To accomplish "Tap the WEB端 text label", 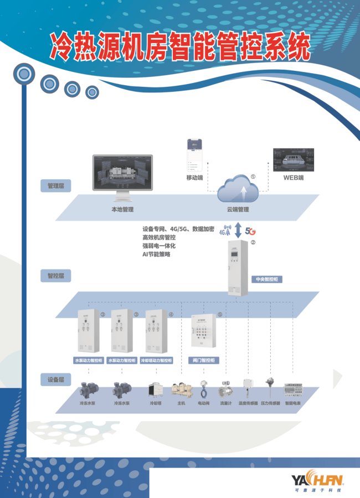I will [x=294, y=178].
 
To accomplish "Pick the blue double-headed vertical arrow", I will [x=239, y=230].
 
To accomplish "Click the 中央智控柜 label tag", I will [x=266, y=279].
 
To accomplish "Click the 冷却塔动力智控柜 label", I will [x=156, y=360].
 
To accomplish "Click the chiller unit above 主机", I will [x=181, y=390].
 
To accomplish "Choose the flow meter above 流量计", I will [x=225, y=388].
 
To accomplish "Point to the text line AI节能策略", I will [x=156, y=254].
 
